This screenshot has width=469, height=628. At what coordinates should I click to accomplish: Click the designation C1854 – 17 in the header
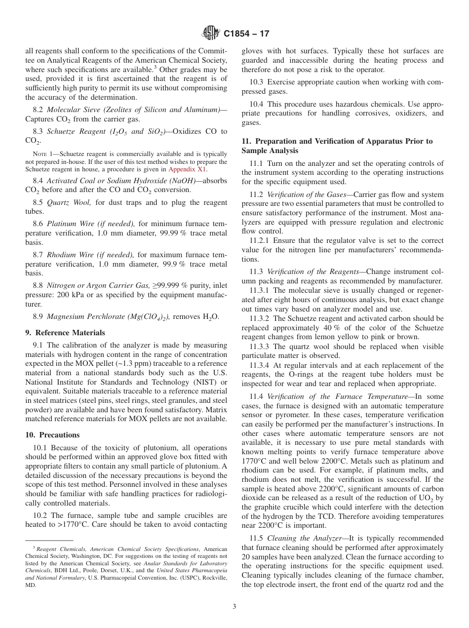246,34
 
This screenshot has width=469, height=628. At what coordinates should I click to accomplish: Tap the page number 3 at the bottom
234,607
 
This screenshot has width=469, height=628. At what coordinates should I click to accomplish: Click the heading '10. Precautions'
52,435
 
